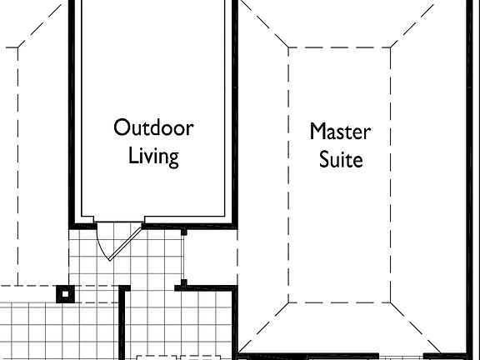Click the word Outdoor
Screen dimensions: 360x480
153,128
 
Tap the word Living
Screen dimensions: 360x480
153,157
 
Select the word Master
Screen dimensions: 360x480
340,132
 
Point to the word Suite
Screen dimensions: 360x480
342,159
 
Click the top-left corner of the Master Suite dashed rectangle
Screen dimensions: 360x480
288,47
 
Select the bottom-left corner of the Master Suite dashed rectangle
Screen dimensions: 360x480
288,302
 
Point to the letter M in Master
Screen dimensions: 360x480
318,132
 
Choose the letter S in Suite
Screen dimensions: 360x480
325,159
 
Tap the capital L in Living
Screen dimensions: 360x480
132,156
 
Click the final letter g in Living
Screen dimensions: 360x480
172,159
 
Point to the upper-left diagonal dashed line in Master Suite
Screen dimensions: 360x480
263,24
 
